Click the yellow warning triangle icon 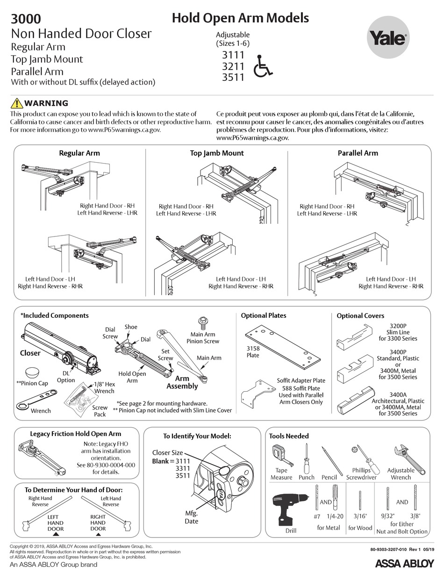point(16,103)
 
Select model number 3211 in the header point(233,66)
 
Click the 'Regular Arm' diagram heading point(79,153)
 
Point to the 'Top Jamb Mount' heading point(216,153)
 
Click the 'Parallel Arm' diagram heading point(358,153)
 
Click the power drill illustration point(289,508)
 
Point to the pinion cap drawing point(32,373)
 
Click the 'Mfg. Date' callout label point(191,517)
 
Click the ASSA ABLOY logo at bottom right point(404,563)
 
